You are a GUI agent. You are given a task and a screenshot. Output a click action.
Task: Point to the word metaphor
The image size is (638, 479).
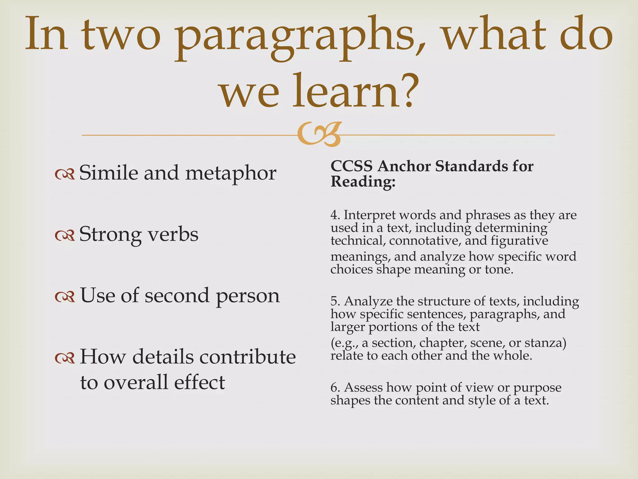click(231, 173)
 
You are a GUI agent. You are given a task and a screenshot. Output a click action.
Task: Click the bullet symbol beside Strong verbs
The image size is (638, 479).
click(65, 235)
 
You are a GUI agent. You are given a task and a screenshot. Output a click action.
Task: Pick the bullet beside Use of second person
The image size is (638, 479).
click(65, 297)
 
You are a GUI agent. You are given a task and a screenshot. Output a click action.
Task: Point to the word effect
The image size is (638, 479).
click(199, 382)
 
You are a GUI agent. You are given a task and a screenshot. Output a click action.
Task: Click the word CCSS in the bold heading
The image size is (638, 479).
click(351, 166)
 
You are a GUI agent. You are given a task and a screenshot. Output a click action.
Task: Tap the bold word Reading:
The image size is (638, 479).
click(363, 181)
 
